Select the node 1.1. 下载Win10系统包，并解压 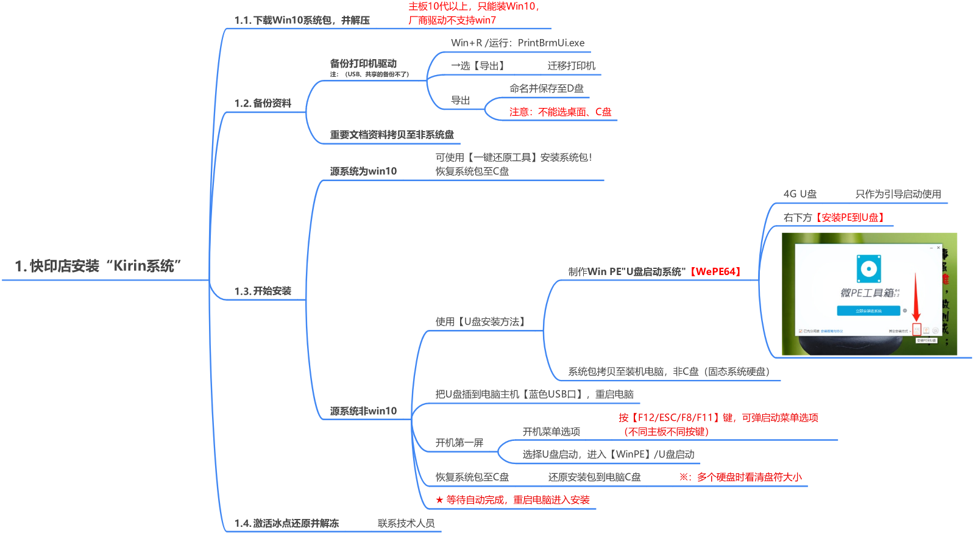coord(302,20)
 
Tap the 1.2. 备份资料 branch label coord(263,103)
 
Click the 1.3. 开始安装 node coord(263,291)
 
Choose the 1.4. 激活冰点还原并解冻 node coord(286,523)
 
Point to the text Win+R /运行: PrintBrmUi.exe coord(517,43)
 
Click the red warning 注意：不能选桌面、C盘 coord(560,112)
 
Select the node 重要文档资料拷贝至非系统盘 coord(392,135)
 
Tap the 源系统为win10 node coord(363,171)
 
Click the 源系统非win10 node coord(363,411)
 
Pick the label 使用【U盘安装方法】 coord(481,321)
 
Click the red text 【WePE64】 coord(715,271)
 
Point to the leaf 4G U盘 coord(799,194)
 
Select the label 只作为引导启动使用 coord(898,194)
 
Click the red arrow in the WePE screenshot coord(916,299)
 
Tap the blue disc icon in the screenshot coord(868,268)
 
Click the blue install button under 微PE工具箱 coord(868,311)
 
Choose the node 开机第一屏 coord(459,442)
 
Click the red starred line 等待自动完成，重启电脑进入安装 coord(512,500)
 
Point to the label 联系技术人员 coord(406,523)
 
